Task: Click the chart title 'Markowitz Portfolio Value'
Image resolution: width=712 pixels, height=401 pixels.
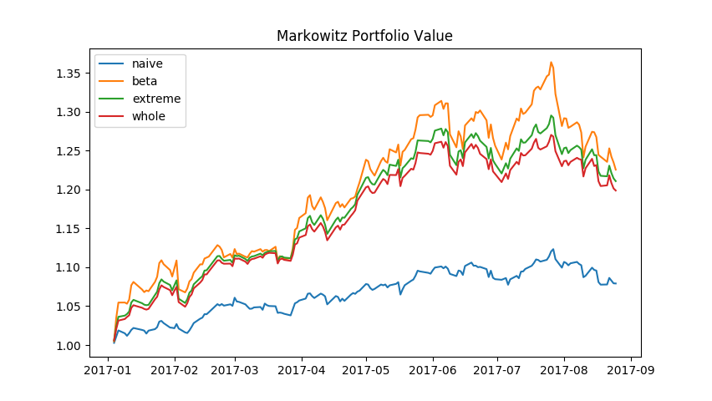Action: pos(364,36)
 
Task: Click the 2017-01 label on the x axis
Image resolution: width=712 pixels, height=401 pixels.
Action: pos(110,368)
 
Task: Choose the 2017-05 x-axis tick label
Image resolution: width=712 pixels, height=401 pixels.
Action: pos(366,368)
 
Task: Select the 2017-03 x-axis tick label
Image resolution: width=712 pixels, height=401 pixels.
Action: pos(235,368)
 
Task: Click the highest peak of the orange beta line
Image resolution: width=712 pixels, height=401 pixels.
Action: pos(551,62)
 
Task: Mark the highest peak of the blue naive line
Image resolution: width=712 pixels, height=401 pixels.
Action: pos(552,249)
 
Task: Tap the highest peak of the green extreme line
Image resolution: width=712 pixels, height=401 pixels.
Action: pos(552,115)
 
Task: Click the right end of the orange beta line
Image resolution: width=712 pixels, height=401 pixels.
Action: pos(616,170)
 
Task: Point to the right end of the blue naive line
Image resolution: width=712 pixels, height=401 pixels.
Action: pos(616,283)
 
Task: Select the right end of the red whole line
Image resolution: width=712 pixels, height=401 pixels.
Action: pos(616,190)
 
